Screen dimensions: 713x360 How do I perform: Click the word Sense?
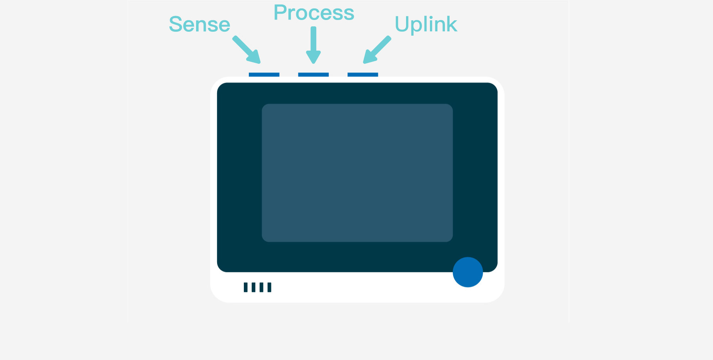200,24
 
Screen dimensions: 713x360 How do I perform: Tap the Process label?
314,12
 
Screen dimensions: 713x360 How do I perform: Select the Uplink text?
426,24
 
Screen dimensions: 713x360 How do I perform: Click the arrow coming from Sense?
247,50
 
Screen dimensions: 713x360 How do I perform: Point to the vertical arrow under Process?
313,45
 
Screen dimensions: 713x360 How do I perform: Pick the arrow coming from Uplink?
377,50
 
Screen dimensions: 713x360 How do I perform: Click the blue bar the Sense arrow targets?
264,74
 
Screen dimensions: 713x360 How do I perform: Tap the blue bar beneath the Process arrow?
313,74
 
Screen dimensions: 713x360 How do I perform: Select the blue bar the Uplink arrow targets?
363,74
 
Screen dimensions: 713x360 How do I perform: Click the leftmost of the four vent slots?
246,287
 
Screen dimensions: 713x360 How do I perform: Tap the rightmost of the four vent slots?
270,287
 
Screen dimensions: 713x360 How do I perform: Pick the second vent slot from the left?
253,287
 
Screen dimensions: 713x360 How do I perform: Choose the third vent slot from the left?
261,287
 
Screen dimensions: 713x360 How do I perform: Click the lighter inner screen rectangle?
357,173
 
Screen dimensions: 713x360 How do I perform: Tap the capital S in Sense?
176,24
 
